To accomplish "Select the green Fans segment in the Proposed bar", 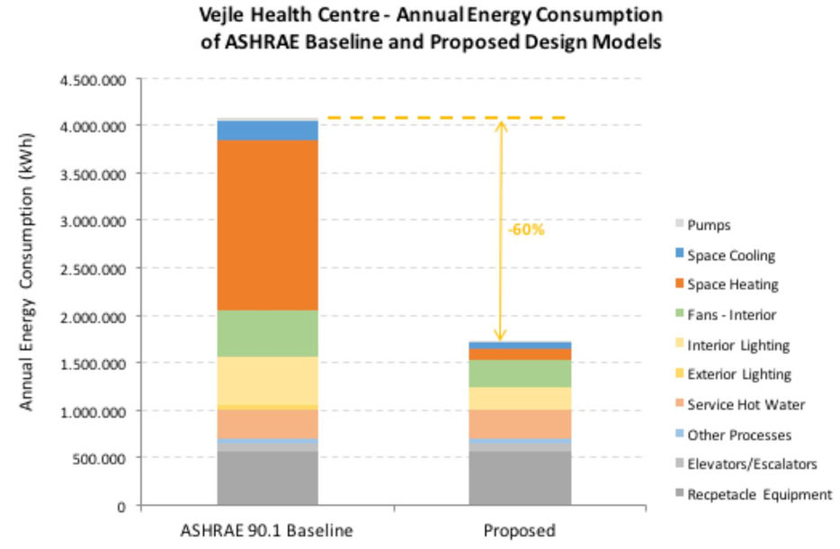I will [x=520, y=373].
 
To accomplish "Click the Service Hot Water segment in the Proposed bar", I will [x=520, y=423].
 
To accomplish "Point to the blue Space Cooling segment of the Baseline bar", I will [x=267, y=130].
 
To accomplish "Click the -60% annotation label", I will [x=526, y=229].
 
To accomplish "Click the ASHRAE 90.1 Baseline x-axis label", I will [x=267, y=530].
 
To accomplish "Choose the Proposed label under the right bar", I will [x=520, y=530].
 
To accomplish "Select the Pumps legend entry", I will [x=708, y=226].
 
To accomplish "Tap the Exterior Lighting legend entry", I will [x=738, y=374].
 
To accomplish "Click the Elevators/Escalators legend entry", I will [x=752, y=464].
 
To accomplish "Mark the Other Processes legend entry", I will [x=738, y=435].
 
